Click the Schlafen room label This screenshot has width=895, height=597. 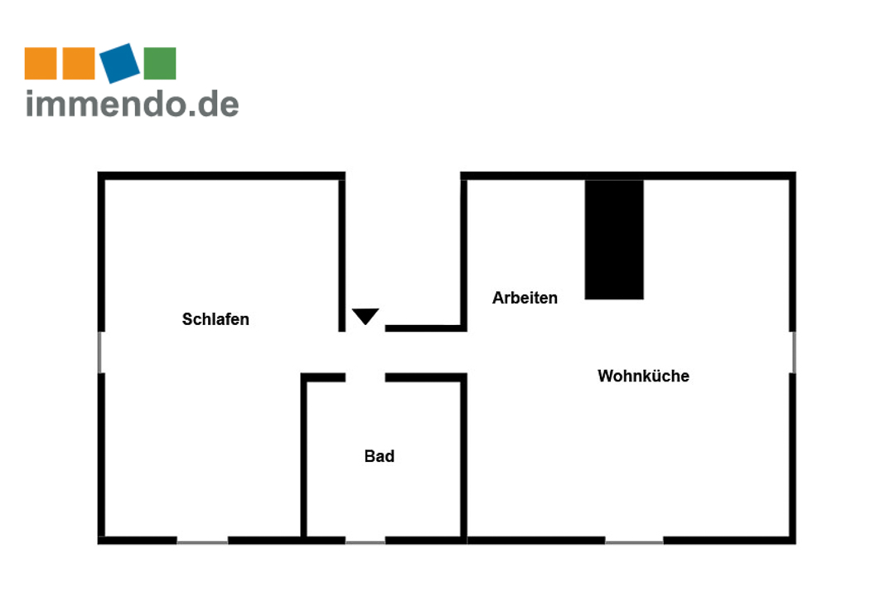click(x=215, y=319)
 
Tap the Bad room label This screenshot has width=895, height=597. click(x=379, y=456)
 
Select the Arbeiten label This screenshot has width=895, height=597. click(x=525, y=298)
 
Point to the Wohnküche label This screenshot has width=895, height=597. click(x=643, y=376)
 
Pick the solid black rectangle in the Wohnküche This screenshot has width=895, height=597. click(x=614, y=240)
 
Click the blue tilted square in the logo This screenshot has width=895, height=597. click(x=119, y=63)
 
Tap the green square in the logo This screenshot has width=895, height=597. click(x=160, y=64)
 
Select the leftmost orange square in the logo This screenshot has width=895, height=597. click(x=41, y=64)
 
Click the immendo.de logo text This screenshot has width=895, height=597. click(x=133, y=103)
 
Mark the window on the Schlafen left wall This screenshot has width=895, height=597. click(x=101, y=352)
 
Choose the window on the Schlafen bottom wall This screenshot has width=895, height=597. click(x=202, y=541)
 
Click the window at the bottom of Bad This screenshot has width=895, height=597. click(x=365, y=541)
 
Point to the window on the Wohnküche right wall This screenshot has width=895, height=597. click(x=792, y=352)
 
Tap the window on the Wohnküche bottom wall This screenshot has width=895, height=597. click(x=634, y=541)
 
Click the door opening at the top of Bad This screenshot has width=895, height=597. click(x=365, y=377)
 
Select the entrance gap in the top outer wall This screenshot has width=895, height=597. click(x=403, y=176)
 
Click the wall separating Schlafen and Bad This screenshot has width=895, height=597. click(x=304, y=456)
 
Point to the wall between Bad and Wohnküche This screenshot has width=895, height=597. click(x=464, y=456)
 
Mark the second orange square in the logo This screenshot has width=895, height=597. click(x=79, y=64)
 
